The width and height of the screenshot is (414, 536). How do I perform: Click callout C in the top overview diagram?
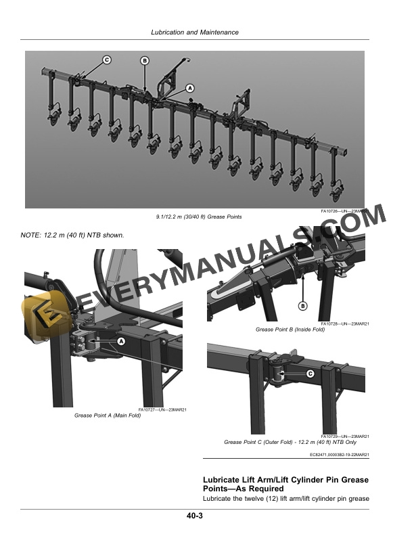click(107, 60)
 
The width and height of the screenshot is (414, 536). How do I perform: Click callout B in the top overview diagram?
click(145, 61)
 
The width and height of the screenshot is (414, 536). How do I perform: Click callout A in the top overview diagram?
click(190, 88)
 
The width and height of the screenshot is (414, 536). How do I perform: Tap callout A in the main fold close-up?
click(121, 341)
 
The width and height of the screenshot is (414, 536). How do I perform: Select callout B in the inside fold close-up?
click(303, 306)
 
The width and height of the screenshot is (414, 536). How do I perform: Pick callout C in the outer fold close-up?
click(310, 374)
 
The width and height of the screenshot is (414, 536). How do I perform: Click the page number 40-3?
click(195, 516)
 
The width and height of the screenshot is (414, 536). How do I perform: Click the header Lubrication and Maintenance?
click(195, 32)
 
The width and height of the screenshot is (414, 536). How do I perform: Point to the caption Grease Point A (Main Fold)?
click(108, 416)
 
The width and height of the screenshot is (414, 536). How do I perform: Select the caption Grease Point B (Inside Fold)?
click(290, 330)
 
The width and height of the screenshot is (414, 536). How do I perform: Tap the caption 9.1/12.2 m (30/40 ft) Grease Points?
click(199, 217)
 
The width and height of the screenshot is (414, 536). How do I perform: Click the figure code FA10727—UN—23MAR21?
click(162, 409)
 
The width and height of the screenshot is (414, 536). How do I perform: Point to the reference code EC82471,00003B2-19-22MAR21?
click(339, 455)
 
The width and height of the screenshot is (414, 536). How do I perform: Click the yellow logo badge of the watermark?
click(43, 316)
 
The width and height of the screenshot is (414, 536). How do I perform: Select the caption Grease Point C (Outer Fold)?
click(258, 442)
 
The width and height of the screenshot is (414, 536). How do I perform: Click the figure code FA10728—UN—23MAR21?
click(345, 323)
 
